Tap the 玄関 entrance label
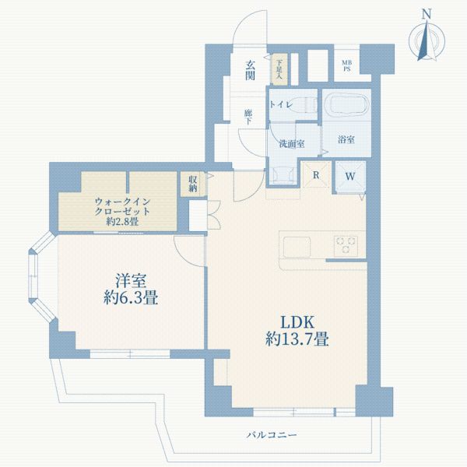click(250, 70)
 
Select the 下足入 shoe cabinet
click(279, 69)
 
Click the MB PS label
click(346, 66)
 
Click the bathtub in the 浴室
click(346, 104)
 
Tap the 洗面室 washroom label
click(292, 144)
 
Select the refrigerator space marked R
click(316, 175)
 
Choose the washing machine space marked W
click(350, 177)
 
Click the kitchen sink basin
click(297, 247)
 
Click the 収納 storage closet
click(193, 184)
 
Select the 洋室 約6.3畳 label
click(131, 290)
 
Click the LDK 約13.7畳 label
click(297, 331)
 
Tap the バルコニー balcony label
click(272, 435)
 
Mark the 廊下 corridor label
click(248, 117)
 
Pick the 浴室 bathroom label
click(346, 139)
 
